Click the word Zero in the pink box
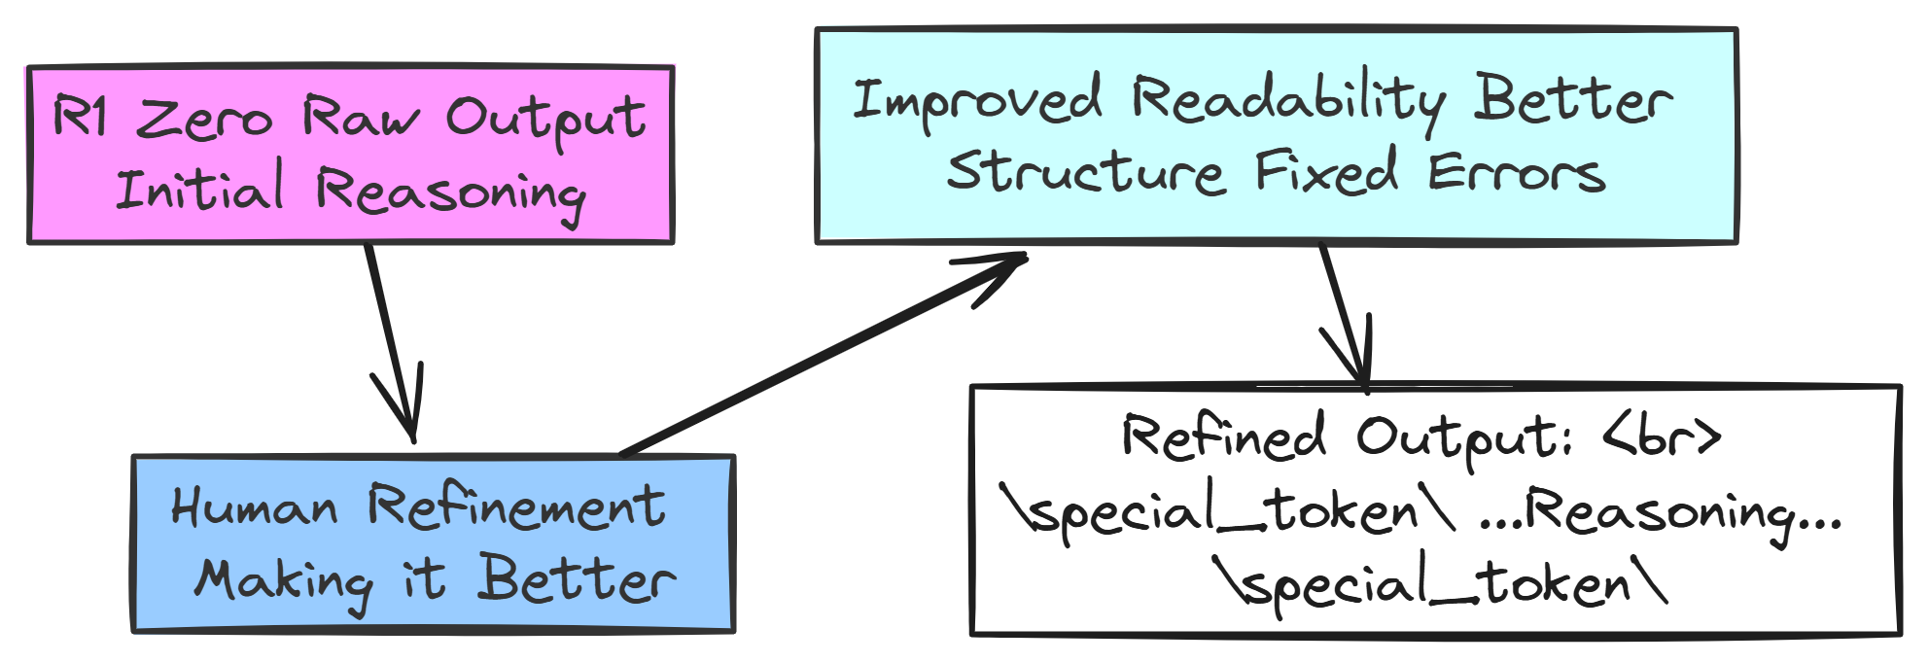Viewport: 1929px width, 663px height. click(204, 121)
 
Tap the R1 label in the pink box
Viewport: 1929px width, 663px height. click(80, 116)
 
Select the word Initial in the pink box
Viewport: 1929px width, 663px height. click(199, 188)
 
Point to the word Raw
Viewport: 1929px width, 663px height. click(361, 118)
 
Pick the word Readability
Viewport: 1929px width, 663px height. click(1287, 101)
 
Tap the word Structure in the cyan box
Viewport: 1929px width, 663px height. click(1084, 172)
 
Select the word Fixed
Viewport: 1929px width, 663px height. click(1326, 172)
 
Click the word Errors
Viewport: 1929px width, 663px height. click(1516, 173)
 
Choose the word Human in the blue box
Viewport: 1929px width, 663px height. click(254, 506)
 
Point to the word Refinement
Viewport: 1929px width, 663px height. click(516, 506)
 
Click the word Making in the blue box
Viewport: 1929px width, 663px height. click(283, 580)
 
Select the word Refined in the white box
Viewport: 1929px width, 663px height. click(1223, 436)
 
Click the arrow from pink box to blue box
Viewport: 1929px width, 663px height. click(392, 340)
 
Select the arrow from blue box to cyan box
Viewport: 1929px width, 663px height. click(822, 355)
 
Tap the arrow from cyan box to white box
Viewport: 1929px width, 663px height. click(1345, 314)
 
